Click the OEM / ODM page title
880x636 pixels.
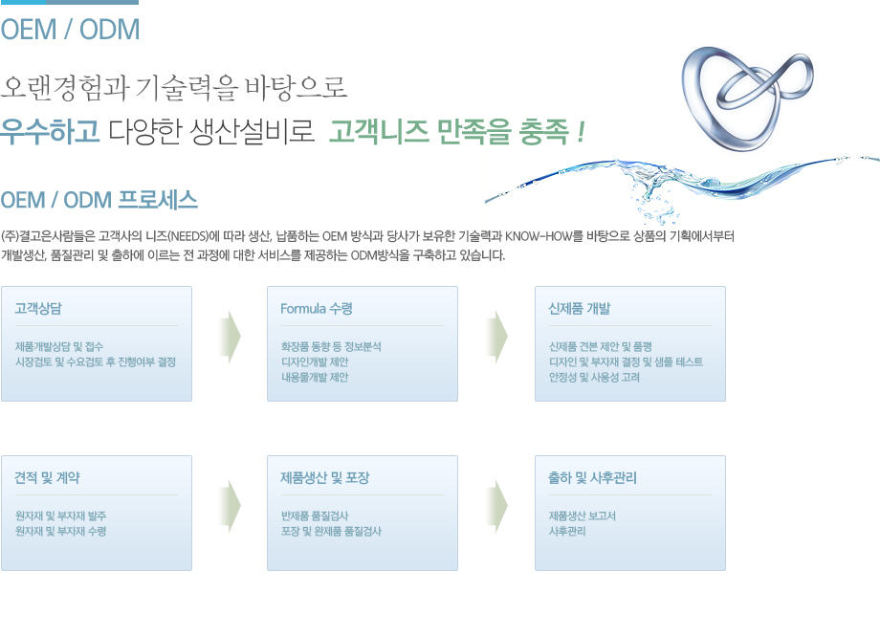[x=70, y=30]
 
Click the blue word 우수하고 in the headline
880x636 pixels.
[x=50, y=131]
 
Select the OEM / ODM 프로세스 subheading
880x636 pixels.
[x=99, y=201]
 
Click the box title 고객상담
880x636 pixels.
[x=38, y=308]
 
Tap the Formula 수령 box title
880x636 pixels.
[x=317, y=308]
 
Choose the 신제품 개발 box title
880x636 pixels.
[x=580, y=308]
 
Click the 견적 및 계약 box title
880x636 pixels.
[x=47, y=477]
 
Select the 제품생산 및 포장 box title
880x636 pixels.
[x=325, y=477]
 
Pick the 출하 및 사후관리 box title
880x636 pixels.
[x=593, y=477]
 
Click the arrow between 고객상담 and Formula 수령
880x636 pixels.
[x=231, y=337]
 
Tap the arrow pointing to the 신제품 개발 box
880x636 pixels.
[x=497, y=337]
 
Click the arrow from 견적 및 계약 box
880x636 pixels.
[x=231, y=506]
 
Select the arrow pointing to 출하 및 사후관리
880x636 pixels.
[x=497, y=506]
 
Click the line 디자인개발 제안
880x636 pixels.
[x=315, y=362]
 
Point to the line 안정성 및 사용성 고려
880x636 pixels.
[x=594, y=377]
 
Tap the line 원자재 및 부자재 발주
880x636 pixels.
[x=60, y=515]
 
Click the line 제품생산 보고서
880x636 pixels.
[x=582, y=515]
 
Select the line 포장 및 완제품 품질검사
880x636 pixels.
[x=331, y=531]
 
